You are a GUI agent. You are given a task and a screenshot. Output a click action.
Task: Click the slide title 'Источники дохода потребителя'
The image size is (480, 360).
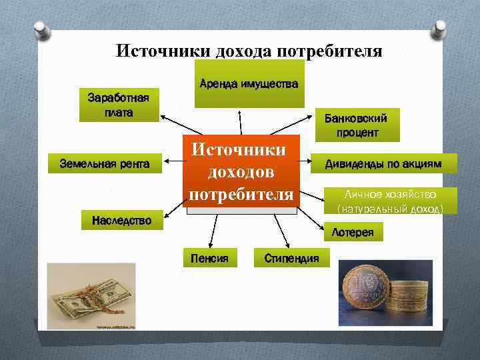(x=249, y=51)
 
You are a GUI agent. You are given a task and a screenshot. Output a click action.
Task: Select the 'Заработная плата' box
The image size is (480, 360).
(x=119, y=106)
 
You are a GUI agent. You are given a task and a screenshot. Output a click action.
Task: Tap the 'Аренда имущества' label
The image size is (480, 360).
(x=249, y=85)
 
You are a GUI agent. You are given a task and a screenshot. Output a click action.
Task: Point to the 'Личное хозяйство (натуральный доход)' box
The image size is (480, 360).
(x=390, y=201)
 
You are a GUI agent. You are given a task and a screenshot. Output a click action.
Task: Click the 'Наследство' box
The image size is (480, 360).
(x=121, y=219)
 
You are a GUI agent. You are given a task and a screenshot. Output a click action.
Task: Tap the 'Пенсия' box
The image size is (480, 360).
(x=210, y=258)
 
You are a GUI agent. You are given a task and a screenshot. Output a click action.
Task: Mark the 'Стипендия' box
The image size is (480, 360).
(x=291, y=258)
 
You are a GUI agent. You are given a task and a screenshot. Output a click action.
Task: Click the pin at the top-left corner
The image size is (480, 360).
(x=41, y=30)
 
